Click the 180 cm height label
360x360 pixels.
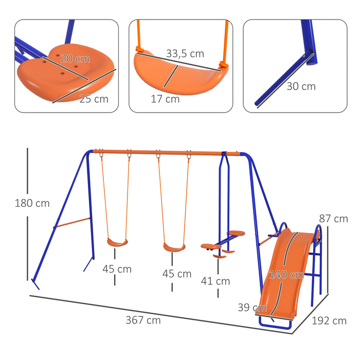(32, 203)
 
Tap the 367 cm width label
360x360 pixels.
(143, 320)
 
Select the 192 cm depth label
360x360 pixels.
(329, 321)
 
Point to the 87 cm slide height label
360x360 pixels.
(333, 219)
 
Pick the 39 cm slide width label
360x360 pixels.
(252, 308)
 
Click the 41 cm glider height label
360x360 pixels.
(215, 281)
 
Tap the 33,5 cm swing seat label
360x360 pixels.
(185, 53)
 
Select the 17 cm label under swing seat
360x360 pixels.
(165, 99)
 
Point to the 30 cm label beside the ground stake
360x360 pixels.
(301, 86)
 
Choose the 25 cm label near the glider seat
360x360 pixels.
(94, 99)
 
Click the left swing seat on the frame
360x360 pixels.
(117, 241)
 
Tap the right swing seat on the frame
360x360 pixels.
(174, 248)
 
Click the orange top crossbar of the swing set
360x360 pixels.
(165, 152)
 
